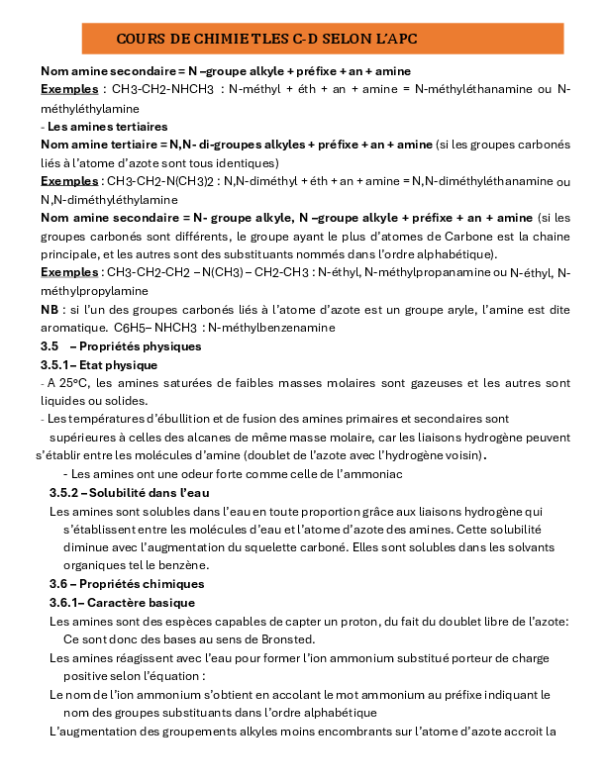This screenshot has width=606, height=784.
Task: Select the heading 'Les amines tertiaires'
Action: (x=108, y=127)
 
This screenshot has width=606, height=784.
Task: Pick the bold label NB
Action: (x=50, y=310)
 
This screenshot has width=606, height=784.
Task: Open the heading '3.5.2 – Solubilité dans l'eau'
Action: (x=130, y=492)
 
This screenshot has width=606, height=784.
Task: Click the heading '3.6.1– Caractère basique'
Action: (x=122, y=602)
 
